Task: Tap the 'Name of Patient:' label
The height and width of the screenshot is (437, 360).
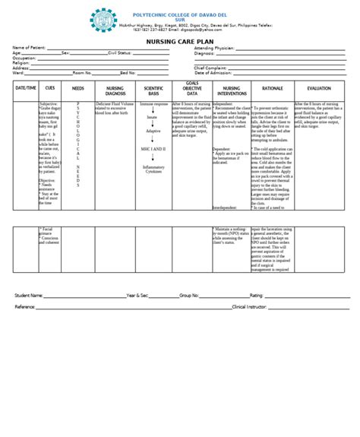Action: click(x=29, y=48)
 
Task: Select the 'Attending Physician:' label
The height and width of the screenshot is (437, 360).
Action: click(x=214, y=48)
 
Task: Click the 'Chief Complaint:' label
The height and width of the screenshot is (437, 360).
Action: click(x=211, y=68)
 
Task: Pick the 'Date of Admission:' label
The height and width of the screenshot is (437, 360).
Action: click(x=214, y=72)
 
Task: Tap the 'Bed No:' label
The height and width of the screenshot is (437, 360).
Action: click(x=128, y=73)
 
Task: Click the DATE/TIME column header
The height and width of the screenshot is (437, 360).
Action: click(x=25, y=88)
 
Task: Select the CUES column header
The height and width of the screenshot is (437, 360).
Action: click(x=50, y=88)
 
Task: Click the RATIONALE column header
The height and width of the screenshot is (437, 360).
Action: click(x=272, y=88)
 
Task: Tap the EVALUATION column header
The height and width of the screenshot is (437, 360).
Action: click(x=319, y=88)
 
